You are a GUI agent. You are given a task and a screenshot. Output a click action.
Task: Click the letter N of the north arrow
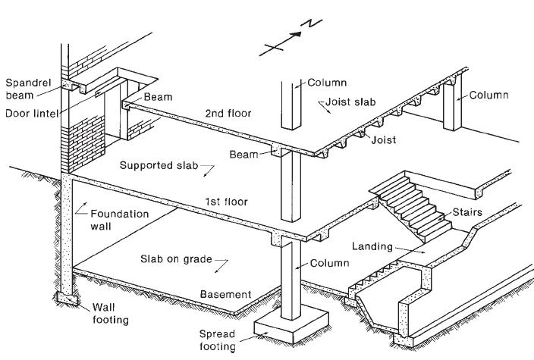(x=311, y=23)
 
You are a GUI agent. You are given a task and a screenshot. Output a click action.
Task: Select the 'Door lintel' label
(x=32, y=114)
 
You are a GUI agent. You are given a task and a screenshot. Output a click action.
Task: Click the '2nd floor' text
(x=228, y=113)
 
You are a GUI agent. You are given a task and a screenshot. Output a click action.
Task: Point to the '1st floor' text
(x=226, y=202)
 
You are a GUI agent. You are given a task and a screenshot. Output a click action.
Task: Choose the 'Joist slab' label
(x=350, y=102)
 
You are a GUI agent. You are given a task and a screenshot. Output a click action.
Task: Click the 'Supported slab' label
(x=159, y=165)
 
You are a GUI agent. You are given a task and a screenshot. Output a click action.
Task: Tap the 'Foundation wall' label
(x=120, y=220)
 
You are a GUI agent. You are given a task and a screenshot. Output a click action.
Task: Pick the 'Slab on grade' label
(x=176, y=259)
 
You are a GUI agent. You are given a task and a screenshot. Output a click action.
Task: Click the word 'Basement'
(x=225, y=294)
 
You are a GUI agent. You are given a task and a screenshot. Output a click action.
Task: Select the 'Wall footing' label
(x=110, y=313)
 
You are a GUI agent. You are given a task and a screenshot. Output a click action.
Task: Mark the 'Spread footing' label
(x=217, y=340)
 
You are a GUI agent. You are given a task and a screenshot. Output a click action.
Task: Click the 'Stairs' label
(x=467, y=212)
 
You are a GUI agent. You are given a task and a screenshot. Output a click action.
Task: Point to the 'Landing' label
(x=372, y=246)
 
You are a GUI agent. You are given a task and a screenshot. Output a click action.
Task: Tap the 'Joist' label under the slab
(x=384, y=140)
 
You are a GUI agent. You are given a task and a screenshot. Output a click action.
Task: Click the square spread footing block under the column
(x=292, y=324)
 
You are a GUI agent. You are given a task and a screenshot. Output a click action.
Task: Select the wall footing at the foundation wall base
(x=67, y=299)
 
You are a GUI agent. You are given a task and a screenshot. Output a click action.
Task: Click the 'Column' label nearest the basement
(x=330, y=263)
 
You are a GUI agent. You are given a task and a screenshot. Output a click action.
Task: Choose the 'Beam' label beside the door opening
(x=158, y=97)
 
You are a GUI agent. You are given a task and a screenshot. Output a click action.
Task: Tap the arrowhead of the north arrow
(x=297, y=34)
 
